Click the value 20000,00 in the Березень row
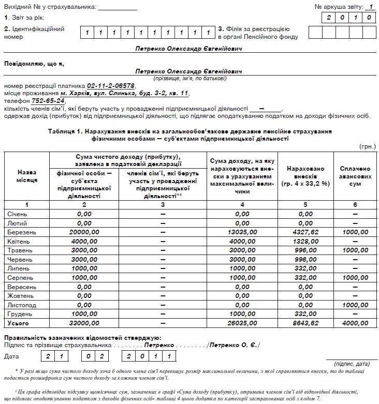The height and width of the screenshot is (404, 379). (84, 232)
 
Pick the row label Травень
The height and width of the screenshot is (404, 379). (20, 250)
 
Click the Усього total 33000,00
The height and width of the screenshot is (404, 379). (84, 323)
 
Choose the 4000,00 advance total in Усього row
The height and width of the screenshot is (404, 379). (355, 323)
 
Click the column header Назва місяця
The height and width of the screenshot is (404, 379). (27, 176)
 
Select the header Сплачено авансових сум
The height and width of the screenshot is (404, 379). (355, 176)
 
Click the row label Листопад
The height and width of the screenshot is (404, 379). (21, 305)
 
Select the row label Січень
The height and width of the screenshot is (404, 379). (19, 214)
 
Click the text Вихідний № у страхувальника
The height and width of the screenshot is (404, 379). (50, 7)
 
